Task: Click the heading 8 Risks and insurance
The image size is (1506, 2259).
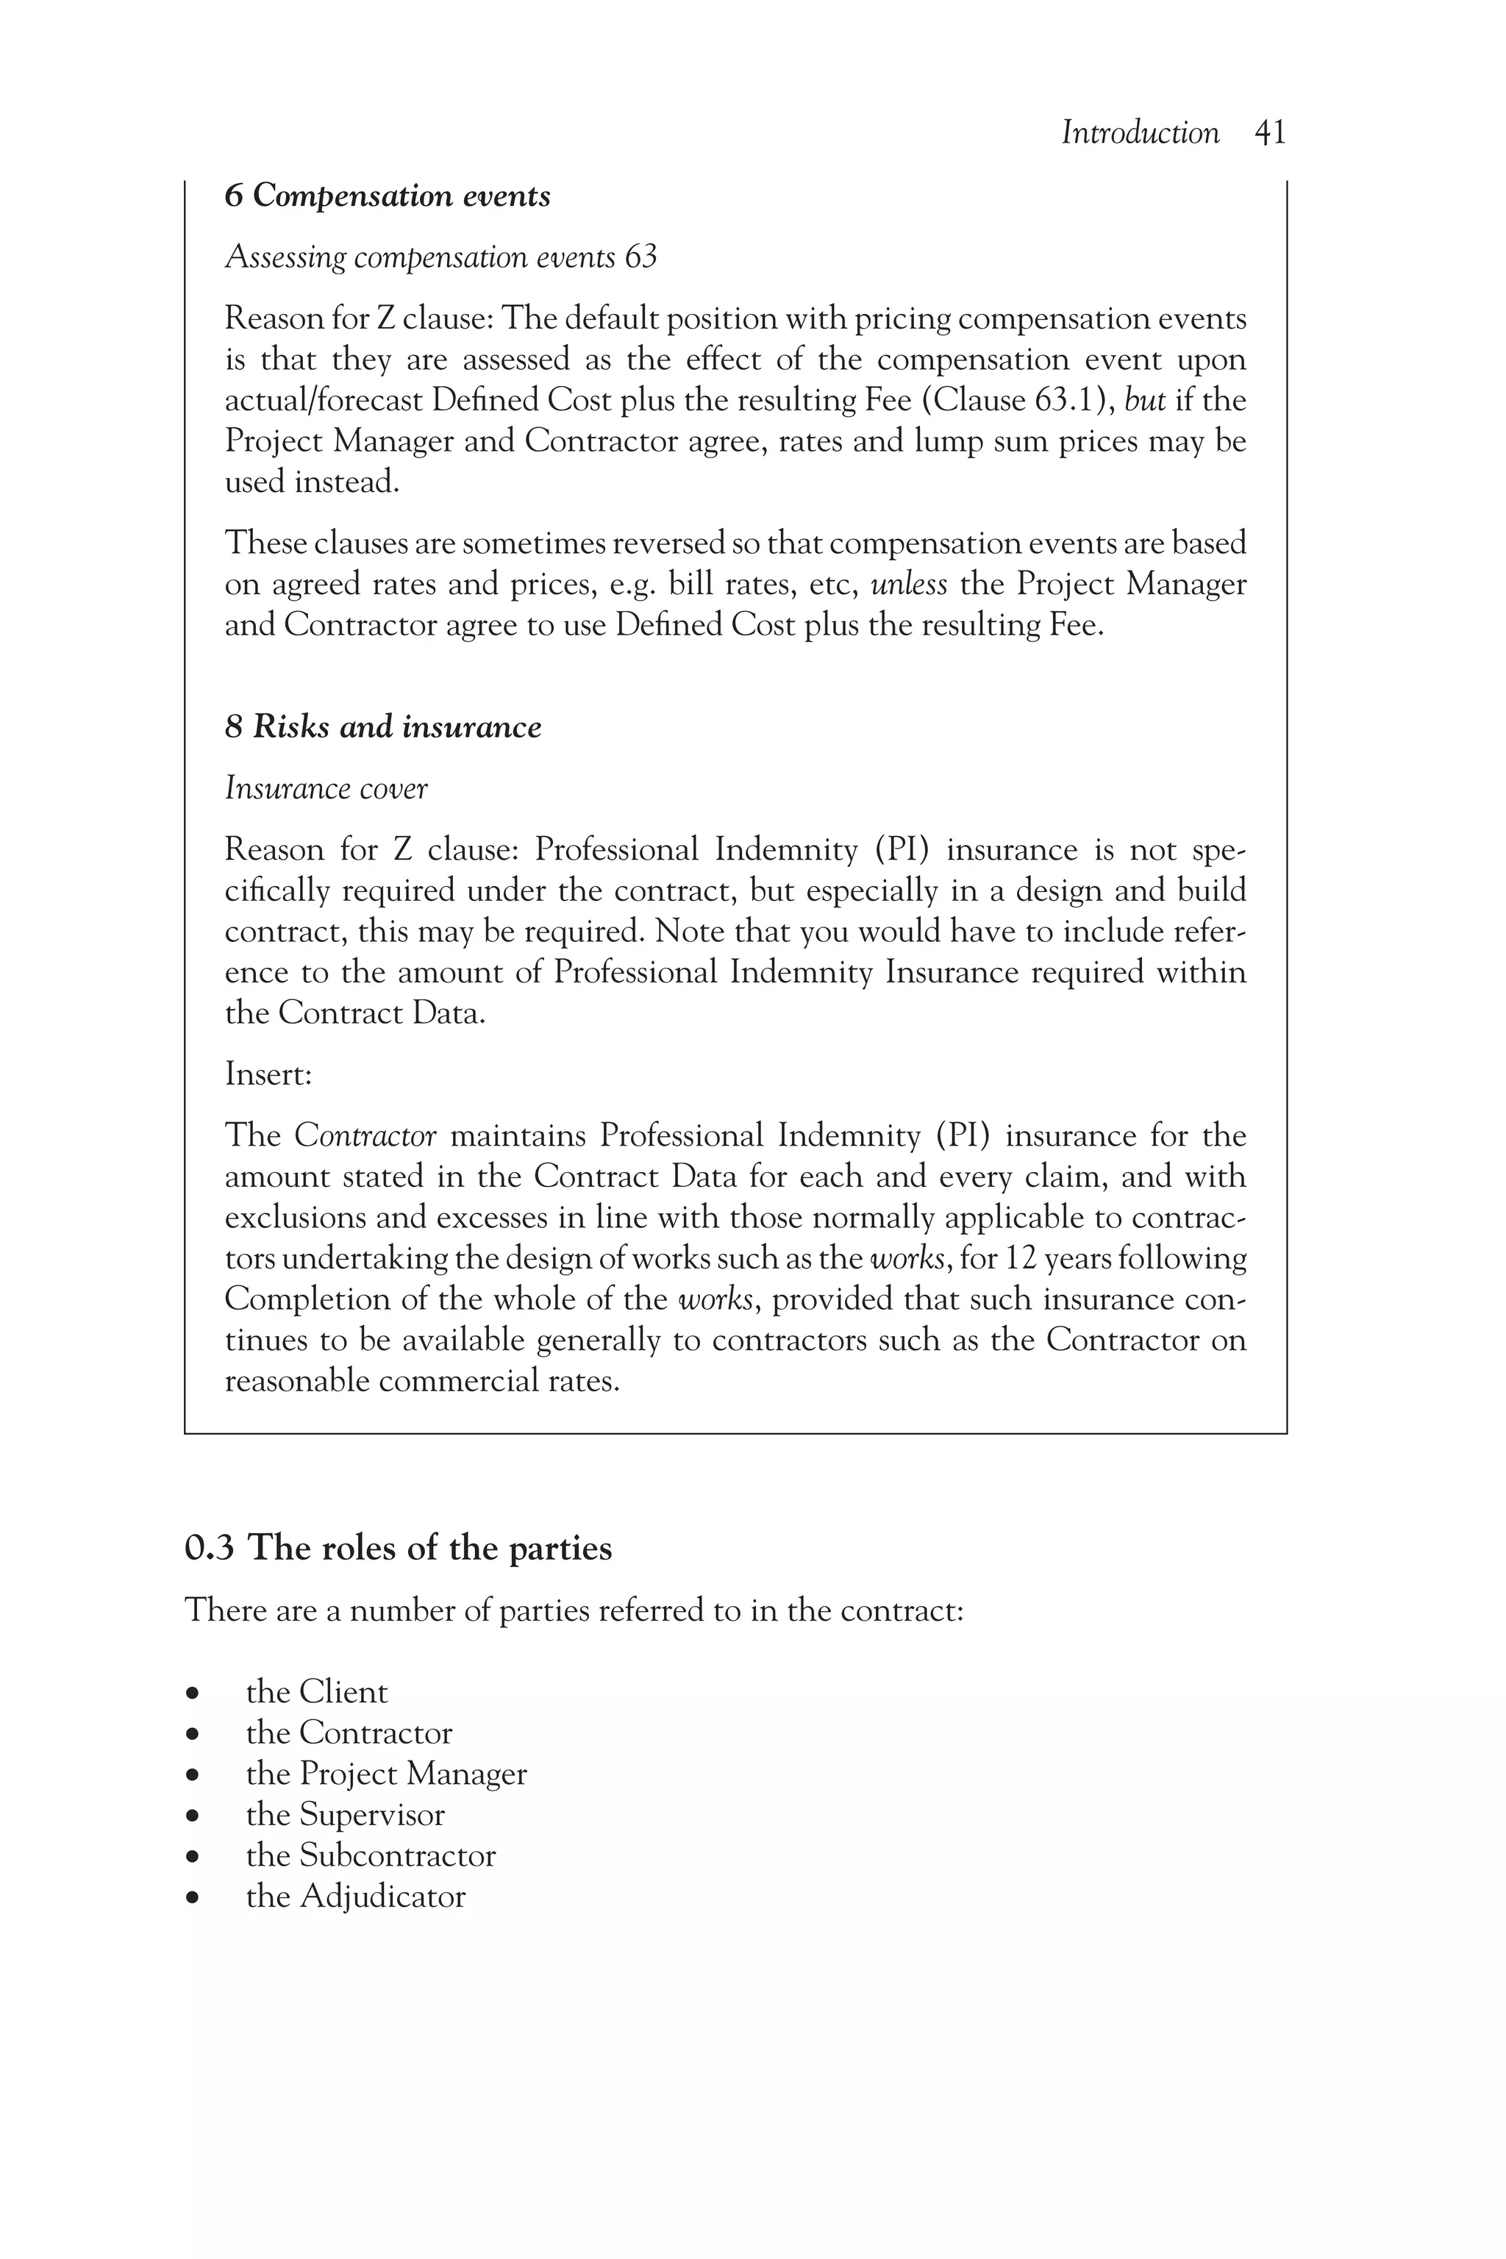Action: point(382,727)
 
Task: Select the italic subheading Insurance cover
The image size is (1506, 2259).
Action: point(326,788)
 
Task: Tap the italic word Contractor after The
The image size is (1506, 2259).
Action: point(365,1135)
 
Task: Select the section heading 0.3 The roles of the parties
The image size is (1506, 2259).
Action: point(398,1548)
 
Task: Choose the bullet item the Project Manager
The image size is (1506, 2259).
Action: point(386,1773)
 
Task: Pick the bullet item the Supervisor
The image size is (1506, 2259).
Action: point(345,1814)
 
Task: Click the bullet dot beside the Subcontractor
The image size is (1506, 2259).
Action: point(194,1857)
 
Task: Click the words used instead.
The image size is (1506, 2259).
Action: point(311,482)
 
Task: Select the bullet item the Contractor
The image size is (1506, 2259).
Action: point(349,1732)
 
